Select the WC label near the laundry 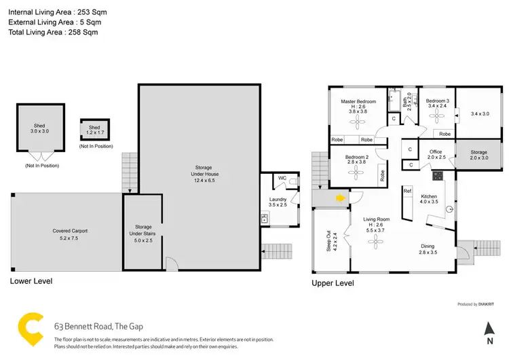(x=282, y=179)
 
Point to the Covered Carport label (x=71, y=231)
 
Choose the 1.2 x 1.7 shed (x=94, y=129)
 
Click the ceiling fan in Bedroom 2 (x=356, y=173)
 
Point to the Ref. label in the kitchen (x=407, y=192)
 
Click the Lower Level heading (x=31, y=281)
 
